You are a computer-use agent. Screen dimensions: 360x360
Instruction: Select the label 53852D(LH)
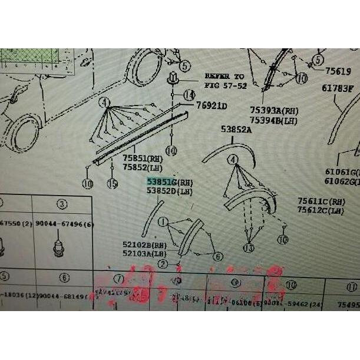(x=169, y=191)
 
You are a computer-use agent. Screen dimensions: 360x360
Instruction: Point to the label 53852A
(x=236, y=128)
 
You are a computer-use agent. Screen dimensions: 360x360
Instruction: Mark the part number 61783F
(x=337, y=89)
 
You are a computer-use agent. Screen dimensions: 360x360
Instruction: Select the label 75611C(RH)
(x=321, y=202)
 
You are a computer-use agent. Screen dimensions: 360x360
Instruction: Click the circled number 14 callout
(x=189, y=95)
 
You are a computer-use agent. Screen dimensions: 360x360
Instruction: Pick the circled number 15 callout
(x=112, y=184)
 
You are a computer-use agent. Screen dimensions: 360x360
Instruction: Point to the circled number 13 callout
(x=249, y=247)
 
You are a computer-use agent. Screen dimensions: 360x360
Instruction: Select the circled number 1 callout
(x=163, y=222)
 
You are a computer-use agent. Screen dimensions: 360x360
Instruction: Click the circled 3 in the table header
(x=61, y=205)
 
